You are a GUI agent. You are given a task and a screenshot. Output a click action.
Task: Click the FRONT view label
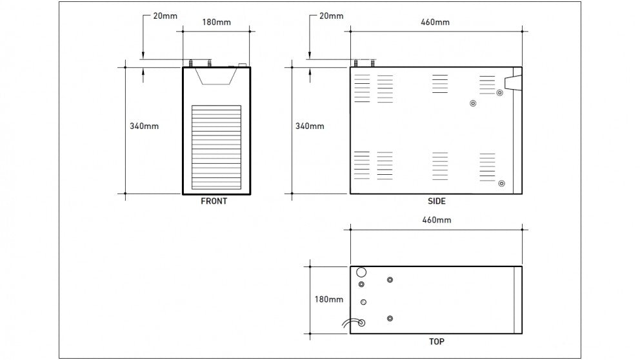coord(214,201)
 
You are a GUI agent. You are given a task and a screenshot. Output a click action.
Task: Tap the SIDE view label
coord(436,201)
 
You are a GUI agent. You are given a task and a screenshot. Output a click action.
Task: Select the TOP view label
coord(436,341)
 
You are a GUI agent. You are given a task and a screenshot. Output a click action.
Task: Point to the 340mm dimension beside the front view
coord(144,126)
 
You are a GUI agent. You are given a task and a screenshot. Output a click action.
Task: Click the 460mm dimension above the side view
coord(435,23)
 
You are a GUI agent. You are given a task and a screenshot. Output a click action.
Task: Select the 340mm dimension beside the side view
coord(310,126)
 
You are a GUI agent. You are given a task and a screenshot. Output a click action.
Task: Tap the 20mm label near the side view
coord(331,15)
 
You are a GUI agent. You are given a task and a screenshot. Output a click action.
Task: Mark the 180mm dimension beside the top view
coord(328,299)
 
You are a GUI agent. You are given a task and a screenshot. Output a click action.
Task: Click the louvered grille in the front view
coord(216,148)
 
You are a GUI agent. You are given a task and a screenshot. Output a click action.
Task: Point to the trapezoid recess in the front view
coord(215,75)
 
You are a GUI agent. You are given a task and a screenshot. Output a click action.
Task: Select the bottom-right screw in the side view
coord(501,184)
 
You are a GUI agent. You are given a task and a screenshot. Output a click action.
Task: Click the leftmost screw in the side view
coord(473,103)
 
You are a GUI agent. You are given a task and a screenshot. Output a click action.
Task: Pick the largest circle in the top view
coord(361,272)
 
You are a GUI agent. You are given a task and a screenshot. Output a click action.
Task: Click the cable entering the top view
coord(352,323)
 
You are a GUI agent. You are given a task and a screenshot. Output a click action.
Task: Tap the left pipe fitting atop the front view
coord(192,63)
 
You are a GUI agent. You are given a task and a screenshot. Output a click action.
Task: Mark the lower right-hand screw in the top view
coord(390,318)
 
